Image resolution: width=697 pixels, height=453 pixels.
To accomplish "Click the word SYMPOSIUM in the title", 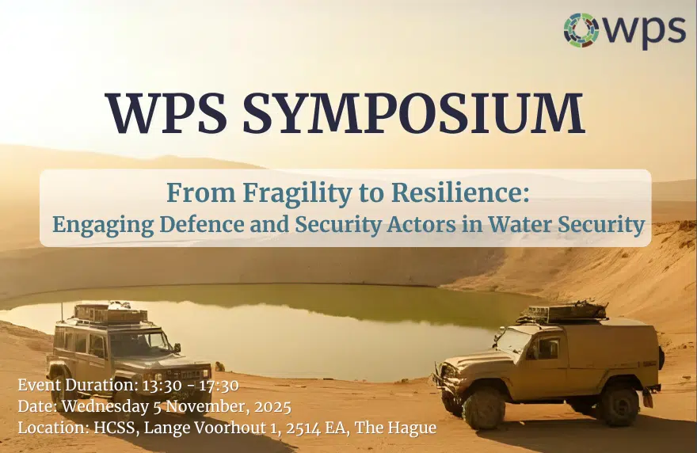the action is (413, 114).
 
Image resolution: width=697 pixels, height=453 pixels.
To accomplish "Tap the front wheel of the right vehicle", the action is (484, 407).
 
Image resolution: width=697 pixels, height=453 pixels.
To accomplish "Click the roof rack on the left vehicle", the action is (110, 314).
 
